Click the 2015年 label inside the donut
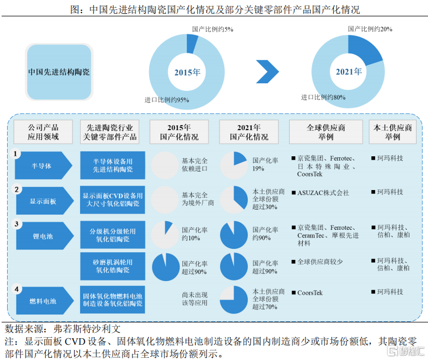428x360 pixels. (x=187, y=72)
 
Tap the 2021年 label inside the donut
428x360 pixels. (x=348, y=71)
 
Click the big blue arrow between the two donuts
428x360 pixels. (x=267, y=71)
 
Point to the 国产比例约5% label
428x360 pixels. (x=212, y=29)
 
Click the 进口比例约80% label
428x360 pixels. (x=323, y=97)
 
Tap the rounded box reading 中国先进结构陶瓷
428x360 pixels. (x=59, y=72)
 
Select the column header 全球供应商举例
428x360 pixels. (x=326, y=132)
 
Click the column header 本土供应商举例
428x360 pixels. (x=393, y=132)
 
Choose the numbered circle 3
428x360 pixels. (x=16, y=224)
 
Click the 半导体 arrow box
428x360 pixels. (x=44, y=166)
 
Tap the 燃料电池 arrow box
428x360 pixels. (x=45, y=301)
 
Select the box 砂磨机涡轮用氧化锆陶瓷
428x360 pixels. (x=113, y=266)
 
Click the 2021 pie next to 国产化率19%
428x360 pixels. (x=234, y=166)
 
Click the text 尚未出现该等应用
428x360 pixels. (x=195, y=299)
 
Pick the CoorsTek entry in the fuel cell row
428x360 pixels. (x=310, y=293)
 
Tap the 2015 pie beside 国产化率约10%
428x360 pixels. (x=165, y=235)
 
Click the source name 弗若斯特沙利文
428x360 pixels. (x=87, y=329)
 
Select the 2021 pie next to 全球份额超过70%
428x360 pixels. (x=234, y=300)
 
